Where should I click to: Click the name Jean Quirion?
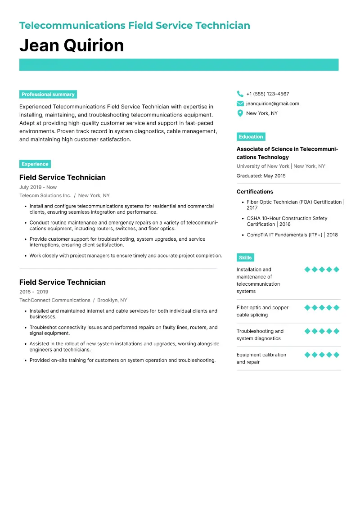pos(72,45)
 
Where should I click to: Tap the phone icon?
pos(240,94)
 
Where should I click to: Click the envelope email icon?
pos(240,104)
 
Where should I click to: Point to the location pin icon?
pos(240,113)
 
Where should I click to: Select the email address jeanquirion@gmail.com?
pos(272,104)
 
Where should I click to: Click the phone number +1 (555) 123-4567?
pos(267,94)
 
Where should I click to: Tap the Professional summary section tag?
pos(48,95)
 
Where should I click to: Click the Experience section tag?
pos(35,164)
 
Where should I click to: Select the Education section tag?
pos(251,137)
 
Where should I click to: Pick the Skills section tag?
pos(245,257)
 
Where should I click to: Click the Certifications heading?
pos(255,192)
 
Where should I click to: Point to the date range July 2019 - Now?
pos(38,187)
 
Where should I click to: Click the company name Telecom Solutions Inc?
pos(45,196)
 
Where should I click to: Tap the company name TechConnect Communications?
pos(55,300)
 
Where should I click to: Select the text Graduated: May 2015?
pos(261,176)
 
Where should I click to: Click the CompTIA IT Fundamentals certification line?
pos(292,235)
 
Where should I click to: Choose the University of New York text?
pos(263,167)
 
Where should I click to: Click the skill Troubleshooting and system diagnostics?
pos(260,335)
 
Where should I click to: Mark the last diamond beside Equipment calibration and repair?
pos(337,355)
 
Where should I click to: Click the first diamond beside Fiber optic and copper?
pos(307,308)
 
